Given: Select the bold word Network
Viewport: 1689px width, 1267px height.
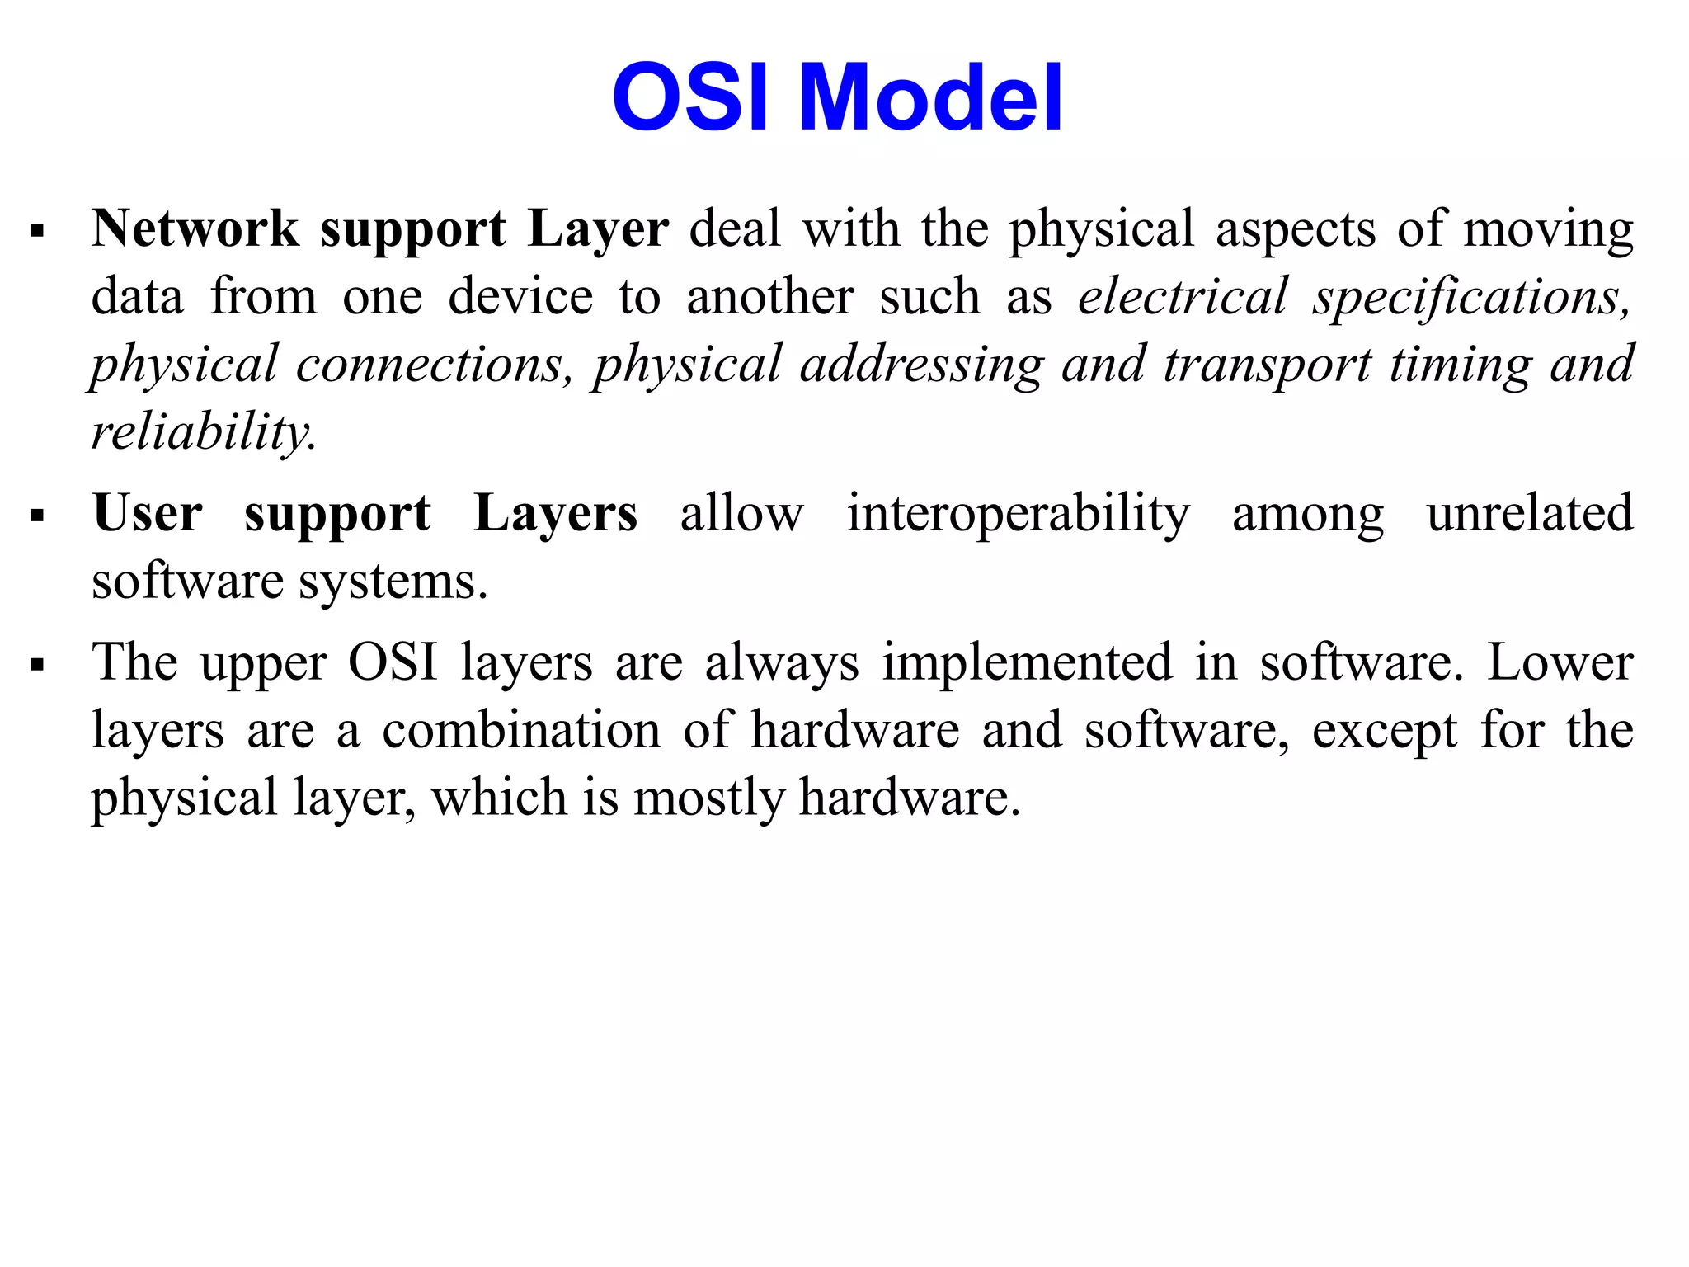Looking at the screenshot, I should pyautogui.click(x=195, y=228).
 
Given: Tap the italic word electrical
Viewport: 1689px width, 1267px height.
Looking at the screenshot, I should pyautogui.click(x=1183, y=296).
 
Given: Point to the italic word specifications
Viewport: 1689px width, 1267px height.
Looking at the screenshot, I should pyautogui.click(x=1471, y=298).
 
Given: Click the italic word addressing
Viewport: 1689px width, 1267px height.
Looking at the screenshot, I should pyautogui.click(x=921, y=365).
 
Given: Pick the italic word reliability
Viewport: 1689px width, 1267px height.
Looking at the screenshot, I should pyautogui.click(x=202, y=432).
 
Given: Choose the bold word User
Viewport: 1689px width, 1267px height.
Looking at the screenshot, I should pyautogui.click(x=148, y=513).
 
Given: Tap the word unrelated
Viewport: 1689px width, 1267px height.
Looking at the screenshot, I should pyautogui.click(x=1530, y=513).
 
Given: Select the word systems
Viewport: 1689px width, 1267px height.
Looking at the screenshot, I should pyautogui.click(x=393, y=582).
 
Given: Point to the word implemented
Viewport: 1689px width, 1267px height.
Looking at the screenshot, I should pyautogui.click(x=1027, y=663).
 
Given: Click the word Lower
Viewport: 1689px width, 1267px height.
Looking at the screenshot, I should pyautogui.click(x=1560, y=662).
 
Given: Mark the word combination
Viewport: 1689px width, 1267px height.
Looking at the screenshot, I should pyautogui.click(x=521, y=731).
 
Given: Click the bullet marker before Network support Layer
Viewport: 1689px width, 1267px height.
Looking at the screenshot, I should pyautogui.click(x=36, y=231).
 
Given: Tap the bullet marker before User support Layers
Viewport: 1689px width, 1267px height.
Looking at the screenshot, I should pyautogui.click(x=36, y=516).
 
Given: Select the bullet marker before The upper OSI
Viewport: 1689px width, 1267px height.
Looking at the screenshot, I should pyautogui.click(x=36, y=665).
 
